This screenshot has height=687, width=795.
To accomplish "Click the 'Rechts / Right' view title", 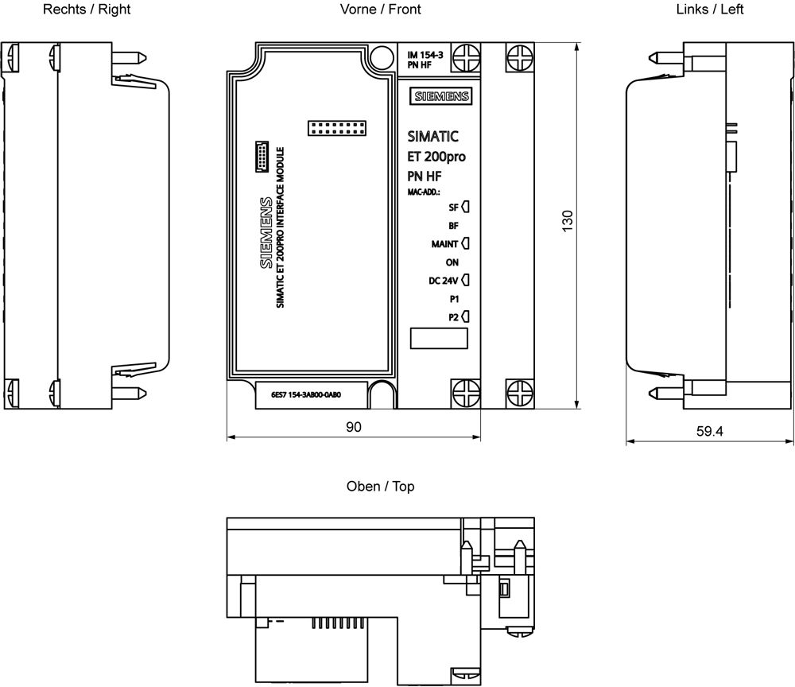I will point(87,10).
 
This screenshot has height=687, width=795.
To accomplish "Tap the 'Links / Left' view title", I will point(710,10).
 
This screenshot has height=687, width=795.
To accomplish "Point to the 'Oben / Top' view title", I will point(380,486).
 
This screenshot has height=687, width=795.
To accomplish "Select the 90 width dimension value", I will point(353,427).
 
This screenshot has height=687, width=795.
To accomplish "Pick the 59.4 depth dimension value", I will point(709,432).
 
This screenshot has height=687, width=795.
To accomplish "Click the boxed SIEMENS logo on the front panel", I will point(440,96).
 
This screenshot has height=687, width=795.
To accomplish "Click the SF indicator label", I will point(453,208).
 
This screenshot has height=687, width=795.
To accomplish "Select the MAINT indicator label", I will point(444,244).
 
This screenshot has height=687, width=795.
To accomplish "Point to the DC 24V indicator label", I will point(443,280).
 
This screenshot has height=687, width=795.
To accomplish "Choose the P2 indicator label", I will point(453,316).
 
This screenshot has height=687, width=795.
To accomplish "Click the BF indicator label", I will point(453,226).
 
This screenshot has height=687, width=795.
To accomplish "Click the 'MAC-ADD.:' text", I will point(425,192).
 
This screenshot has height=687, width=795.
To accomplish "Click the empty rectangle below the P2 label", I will point(438,338).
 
